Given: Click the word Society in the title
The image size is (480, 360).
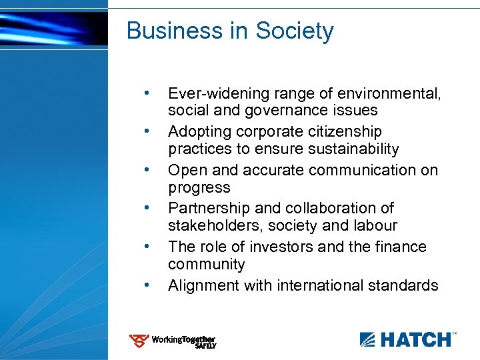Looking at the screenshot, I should pyautogui.click(x=295, y=31).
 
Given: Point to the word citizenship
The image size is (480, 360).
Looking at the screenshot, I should pyautogui.click(x=339, y=131).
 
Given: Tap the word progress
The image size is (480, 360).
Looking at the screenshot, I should pyautogui.click(x=199, y=188).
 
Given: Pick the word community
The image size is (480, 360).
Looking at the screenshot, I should pyautogui.click(x=207, y=265).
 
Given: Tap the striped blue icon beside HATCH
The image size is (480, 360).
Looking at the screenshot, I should pyautogui.click(x=368, y=339).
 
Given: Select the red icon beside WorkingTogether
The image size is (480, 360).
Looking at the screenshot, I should pyautogui.click(x=139, y=342).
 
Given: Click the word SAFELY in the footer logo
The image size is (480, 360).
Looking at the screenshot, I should pyautogui.click(x=205, y=346).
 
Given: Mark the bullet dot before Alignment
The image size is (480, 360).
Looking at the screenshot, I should pyautogui.click(x=146, y=285).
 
